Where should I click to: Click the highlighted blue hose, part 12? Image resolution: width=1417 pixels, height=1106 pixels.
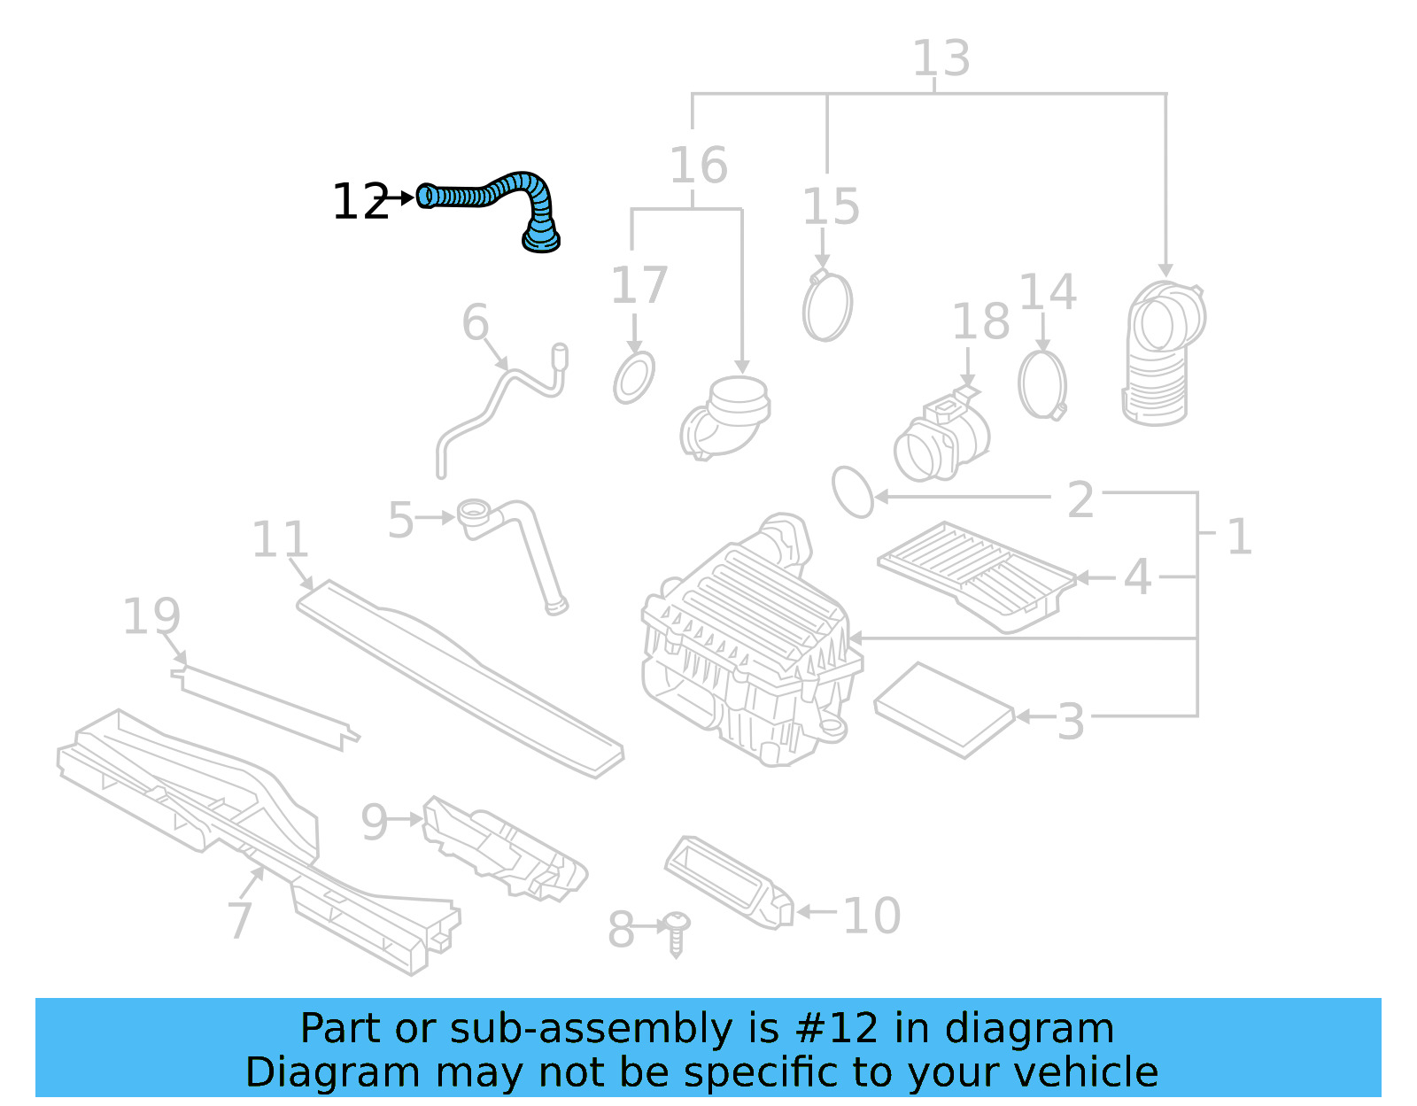pyautogui.click(x=496, y=192)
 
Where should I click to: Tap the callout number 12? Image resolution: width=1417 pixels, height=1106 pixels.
pyautogui.click(x=359, y=202)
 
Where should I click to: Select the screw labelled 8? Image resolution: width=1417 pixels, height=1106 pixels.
pyautogui.click(x=677, y=932)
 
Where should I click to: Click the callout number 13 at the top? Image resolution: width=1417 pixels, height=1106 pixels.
pyautogui.click(x=941, y=58)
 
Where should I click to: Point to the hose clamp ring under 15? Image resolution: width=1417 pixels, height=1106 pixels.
pyautogui.click(x=827, y=306)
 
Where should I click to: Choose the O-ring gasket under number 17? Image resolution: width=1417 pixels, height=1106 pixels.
pyautogui.click(x=634, y=378)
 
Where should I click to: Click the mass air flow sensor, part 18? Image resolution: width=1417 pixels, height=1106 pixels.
pyautogui.click(x=941, y=438)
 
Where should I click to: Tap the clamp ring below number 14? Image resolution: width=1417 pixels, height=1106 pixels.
pyautogui.click(x=1041, y=385)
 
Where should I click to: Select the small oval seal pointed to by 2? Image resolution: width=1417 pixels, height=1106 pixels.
pyautogui.click(x=852, y=491)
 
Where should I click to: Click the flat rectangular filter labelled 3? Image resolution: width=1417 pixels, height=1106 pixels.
pyautogui.click(x=942, y=709)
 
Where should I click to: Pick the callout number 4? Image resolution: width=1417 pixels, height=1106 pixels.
pyautogui.click(x=1136, y=576)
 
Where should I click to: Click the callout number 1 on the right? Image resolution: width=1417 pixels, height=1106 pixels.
pyautogui.click(x=1239, y=537)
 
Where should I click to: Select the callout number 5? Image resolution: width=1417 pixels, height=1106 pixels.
pyautogui.click(x=400, y=520)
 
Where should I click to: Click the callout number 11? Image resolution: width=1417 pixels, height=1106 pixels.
pyautogui.click(x=280, y=539)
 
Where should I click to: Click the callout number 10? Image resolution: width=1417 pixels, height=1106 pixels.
pyautogui.click(x=871, y=916)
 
